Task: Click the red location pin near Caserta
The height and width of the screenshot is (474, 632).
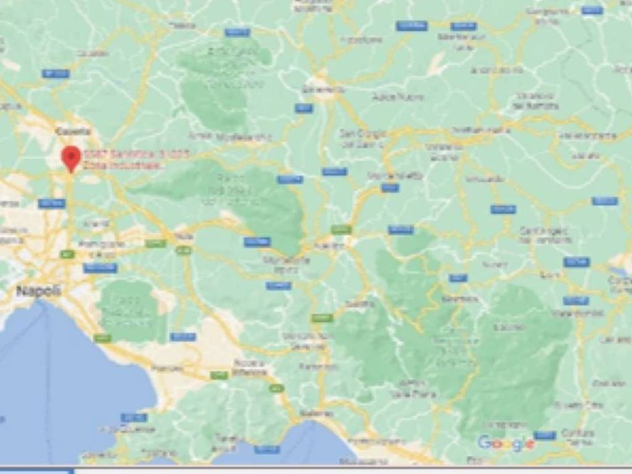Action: [x=71, y=157]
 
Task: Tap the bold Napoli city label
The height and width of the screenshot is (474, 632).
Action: [x=38, y=291]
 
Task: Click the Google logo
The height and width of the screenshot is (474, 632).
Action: [x=505, y=443]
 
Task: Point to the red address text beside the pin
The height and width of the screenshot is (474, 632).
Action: [x=136, y=159]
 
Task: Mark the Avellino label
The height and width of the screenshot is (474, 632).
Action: [x=329, y=246]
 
